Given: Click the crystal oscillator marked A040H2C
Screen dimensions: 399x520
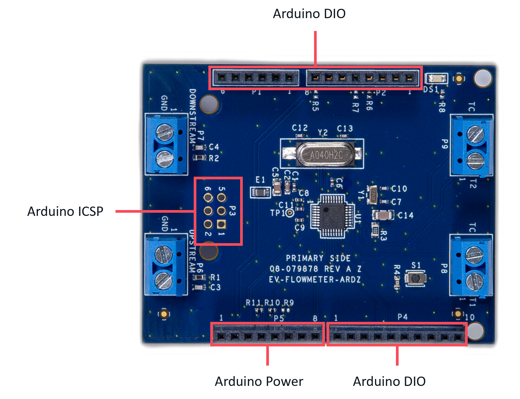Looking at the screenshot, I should [326, 155].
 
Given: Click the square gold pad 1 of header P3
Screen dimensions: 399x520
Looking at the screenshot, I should [221, 224].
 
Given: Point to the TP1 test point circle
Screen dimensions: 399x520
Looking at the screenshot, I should [290, 213].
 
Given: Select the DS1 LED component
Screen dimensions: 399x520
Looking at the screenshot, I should [437, 78].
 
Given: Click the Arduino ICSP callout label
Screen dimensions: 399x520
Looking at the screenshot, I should [65, 211].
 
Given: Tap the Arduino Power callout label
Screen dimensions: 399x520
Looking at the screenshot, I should [259, 381].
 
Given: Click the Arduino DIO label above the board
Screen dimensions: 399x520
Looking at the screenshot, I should [309, 14].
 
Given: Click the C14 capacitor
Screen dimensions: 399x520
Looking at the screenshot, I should [383, 215].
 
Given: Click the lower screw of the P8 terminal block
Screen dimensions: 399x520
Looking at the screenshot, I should [474, 281].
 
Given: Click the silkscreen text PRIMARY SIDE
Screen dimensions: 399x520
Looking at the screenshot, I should [318, 258].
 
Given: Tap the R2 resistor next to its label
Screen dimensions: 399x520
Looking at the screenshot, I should [200, 157].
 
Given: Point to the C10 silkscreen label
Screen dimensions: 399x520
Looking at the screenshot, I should [399, 189].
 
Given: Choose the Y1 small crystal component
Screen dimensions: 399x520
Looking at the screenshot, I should [372, 195].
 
